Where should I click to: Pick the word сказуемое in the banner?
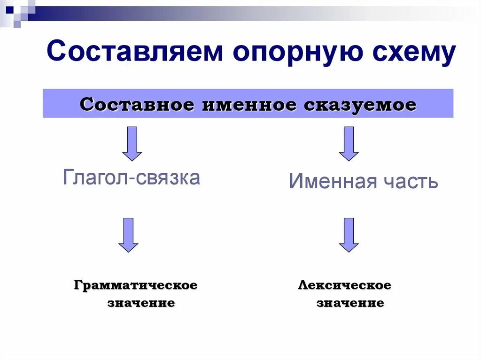360,104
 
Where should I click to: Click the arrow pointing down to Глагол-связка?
132,143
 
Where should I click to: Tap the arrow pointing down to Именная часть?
349,143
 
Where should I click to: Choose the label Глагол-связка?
132,177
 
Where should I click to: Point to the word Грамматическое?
135,285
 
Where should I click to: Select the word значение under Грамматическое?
141,303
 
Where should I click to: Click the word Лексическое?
344,285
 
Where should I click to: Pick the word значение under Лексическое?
350,303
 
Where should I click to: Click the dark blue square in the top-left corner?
9,8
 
